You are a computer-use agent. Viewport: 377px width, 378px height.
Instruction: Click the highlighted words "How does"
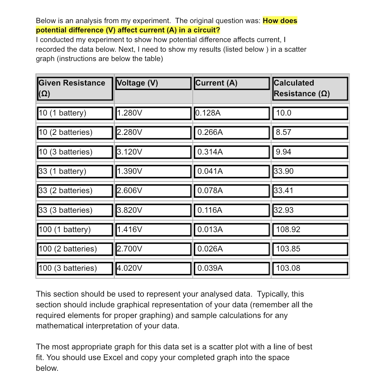(x=280, y=21)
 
